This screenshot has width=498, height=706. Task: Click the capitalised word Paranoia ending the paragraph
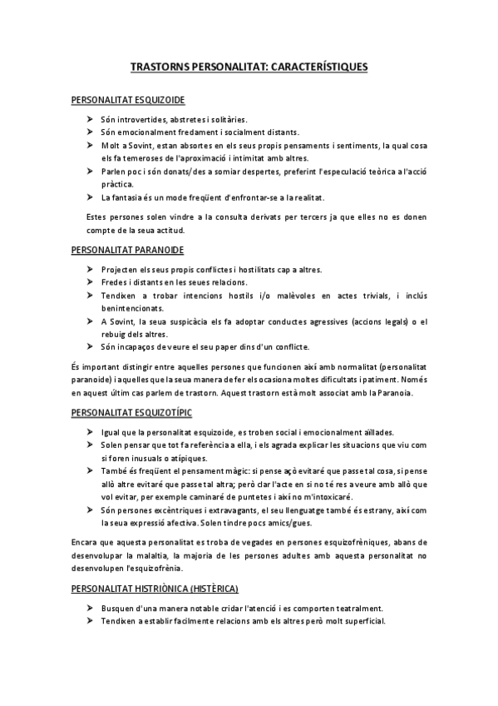[406, 393]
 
